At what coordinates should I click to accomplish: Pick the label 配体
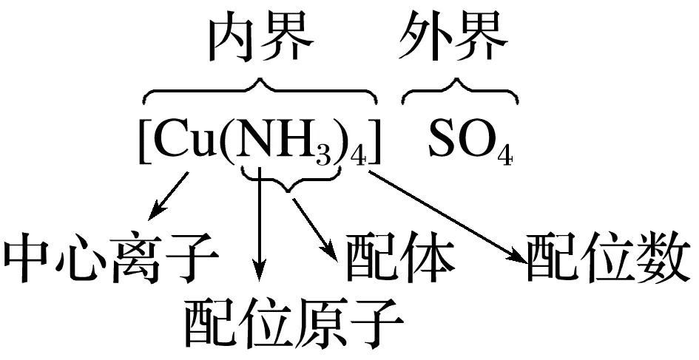tap(396, 257)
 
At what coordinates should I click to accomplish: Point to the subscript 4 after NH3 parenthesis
tap(359, 157)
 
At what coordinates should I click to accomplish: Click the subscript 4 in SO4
tap(505, 157)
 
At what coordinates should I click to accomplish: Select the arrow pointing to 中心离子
tap(168, 197)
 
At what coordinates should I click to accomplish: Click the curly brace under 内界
tap(259, 92)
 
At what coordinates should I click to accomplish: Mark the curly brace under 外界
tap(459, 92)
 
